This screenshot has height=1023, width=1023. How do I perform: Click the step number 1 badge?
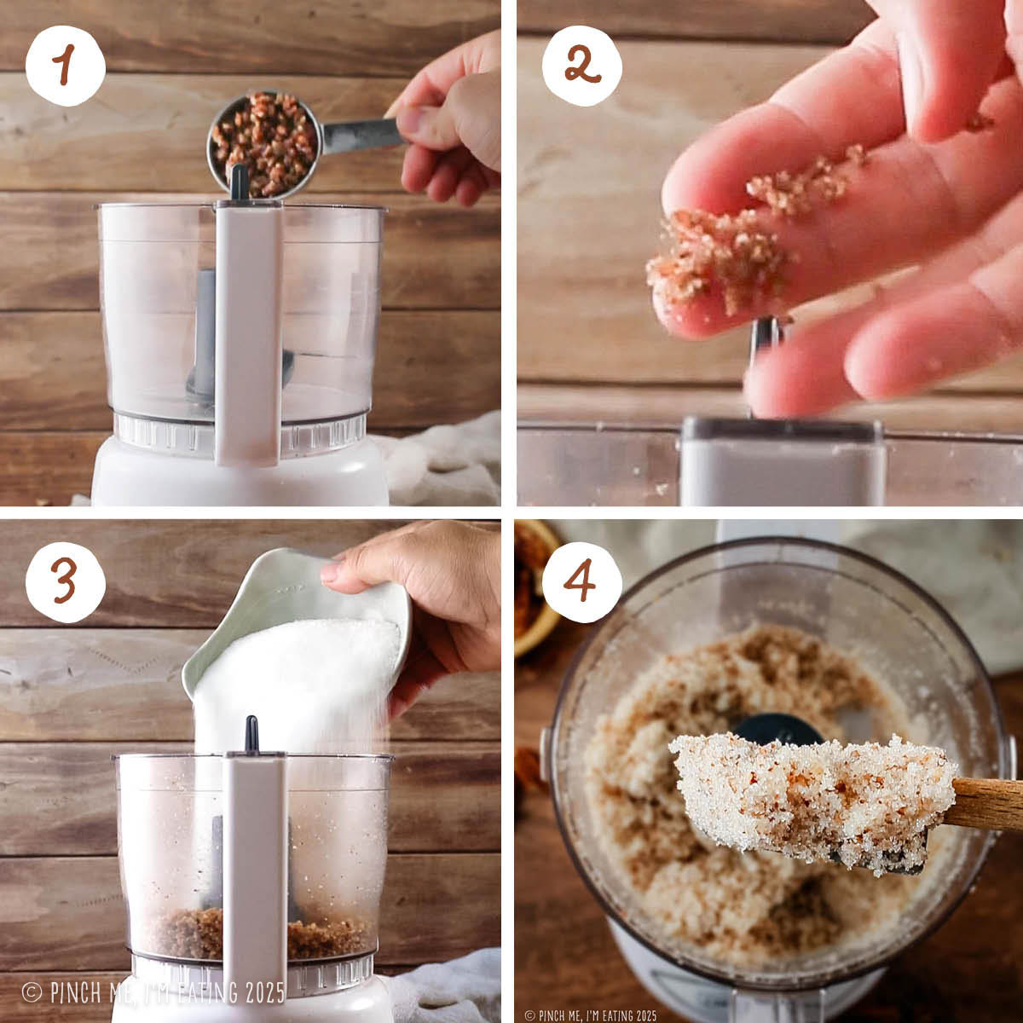pos(65,66)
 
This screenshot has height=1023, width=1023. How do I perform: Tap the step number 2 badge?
pos(581,66)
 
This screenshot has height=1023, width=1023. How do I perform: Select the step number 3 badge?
pos(65,582)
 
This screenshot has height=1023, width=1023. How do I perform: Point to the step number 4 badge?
pos(581,582)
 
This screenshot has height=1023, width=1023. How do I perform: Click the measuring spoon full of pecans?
pos(263,142)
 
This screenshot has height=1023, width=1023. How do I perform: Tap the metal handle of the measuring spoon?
pos(358,135)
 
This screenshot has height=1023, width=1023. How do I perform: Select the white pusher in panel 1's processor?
pos(248,332)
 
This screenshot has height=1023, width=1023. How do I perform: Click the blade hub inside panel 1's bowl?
pos(205,341)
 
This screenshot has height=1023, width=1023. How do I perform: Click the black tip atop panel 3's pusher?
pos(251,733)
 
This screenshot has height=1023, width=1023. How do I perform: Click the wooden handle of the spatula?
pos(985,802)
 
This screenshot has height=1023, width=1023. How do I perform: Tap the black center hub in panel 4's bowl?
pos(776,729)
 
